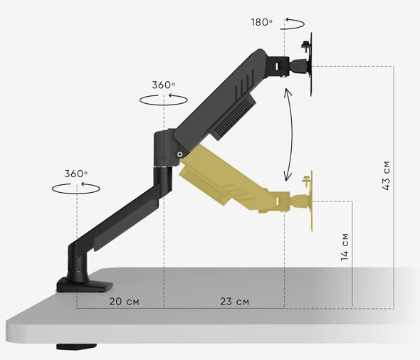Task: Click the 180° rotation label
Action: (x=262, y=22)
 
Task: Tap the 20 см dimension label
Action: (x=125, y=302)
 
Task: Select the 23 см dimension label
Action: (x=235, y=302)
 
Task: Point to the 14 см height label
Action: (x=345, y=247)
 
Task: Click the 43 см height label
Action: (x=386, y=176)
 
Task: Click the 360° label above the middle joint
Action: (x=164, y=85)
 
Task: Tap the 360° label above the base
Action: (x=76, y=174)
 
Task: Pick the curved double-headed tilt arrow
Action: (x=291, y=134)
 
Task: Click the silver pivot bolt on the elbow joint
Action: (x=179, y=154)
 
